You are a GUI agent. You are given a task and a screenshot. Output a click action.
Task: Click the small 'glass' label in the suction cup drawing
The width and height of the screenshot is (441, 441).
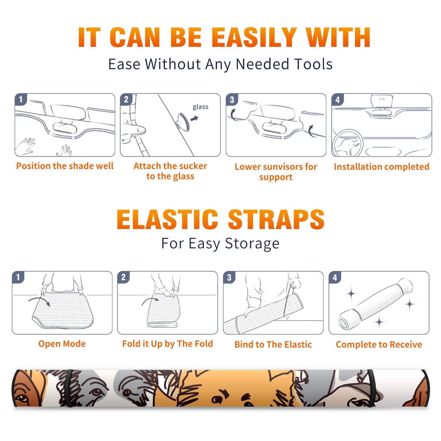tap(200, 107)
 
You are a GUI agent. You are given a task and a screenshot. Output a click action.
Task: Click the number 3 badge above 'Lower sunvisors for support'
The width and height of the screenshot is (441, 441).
tap(232, 100)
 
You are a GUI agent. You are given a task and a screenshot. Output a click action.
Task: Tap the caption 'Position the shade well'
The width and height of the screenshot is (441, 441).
tap(65, 166)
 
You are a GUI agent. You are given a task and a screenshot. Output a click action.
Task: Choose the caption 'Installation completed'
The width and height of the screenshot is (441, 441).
tap(381, 166)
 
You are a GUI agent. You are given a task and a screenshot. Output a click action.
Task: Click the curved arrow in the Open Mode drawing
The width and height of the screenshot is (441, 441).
tap(39, 301)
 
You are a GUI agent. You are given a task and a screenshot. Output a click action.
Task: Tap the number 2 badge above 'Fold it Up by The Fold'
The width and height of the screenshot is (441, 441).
tap(123, 277)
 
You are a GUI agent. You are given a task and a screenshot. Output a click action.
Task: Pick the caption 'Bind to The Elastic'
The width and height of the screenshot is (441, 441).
tap(273, 344)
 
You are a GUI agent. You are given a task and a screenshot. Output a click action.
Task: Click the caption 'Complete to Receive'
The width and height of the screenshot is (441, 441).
tap(379, 344)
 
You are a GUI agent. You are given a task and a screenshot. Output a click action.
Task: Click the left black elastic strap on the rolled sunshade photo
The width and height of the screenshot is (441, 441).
tap(69, 388)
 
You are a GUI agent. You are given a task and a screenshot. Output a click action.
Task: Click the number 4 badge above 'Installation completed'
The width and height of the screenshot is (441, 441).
tap(338, 100)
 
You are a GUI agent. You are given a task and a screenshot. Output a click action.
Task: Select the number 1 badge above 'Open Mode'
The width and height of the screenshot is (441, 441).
tap(18, 277)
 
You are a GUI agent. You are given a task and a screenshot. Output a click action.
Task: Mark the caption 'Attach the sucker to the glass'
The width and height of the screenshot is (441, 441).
tap(170, 171)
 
